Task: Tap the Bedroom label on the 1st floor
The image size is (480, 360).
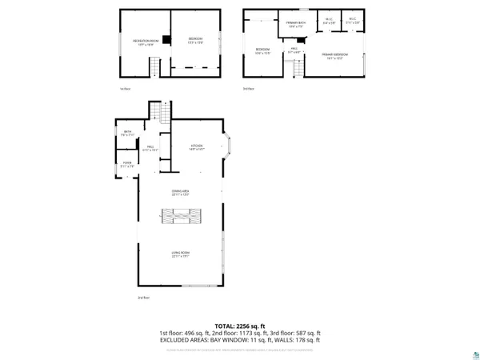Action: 195,40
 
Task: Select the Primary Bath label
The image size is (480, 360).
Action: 297,23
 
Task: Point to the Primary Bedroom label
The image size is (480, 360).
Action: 335,55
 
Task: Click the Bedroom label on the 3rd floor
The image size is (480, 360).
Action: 262,51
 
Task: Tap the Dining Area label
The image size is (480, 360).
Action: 180,192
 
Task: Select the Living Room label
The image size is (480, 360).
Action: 180,254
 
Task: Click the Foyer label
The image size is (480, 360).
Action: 126,165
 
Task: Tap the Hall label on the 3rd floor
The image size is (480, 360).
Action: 294,50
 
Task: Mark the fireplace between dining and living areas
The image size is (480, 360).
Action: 180,215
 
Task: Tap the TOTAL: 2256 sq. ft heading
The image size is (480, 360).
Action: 240,326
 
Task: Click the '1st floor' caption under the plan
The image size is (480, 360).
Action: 123,89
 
